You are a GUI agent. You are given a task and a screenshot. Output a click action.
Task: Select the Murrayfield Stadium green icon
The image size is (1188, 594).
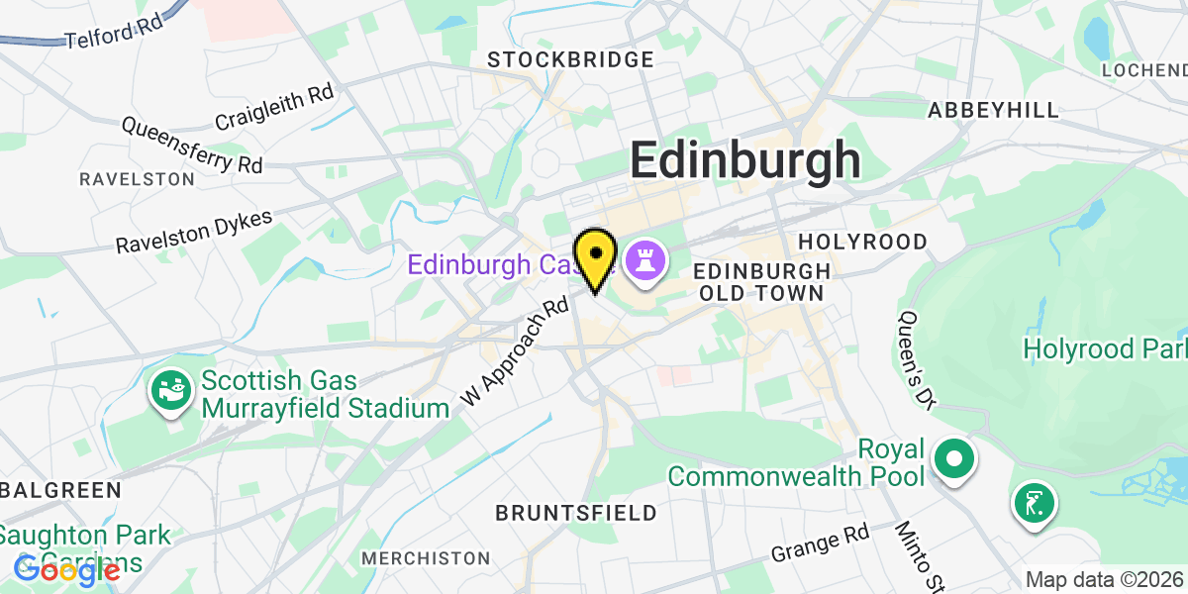tap(170, 392)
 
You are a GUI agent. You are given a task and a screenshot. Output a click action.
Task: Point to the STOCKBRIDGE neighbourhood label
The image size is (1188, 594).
tap(571, 60)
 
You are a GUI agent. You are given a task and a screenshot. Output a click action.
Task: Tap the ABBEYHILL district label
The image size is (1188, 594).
tap(993, 110)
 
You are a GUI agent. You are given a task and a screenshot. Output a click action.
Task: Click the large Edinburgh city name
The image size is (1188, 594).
tap(745, 159)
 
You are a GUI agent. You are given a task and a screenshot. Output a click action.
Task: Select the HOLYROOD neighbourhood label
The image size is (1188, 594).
tap(862, 242)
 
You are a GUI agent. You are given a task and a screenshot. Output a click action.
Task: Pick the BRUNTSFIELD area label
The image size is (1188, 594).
tap(575, 513)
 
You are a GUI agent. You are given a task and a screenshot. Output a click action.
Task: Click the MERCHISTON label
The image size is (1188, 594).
tap(426, 558)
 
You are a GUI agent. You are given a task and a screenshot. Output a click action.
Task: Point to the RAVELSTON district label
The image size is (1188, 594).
tap(137, 179)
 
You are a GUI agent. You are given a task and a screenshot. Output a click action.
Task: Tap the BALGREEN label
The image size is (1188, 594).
tap(60, 490)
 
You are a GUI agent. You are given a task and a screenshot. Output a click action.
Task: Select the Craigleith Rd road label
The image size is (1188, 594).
tap(275, 108)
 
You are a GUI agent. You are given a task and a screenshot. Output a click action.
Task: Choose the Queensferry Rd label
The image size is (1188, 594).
tap(192, 144)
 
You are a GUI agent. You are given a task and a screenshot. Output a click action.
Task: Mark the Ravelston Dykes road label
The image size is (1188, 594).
tap(194, 231)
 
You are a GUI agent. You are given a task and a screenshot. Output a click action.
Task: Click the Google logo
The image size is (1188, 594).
tap(67, 569)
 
